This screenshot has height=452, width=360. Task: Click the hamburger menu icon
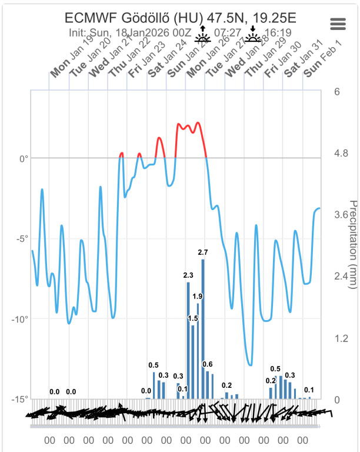click(338, 24)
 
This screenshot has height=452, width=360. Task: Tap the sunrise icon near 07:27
click(203, 36)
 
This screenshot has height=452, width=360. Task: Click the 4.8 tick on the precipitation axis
click(340, 153)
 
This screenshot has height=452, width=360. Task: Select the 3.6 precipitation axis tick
click(340, 215)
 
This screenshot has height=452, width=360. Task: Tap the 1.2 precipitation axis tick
click(340, 338)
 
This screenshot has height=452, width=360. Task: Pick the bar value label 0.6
click(208, 364)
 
